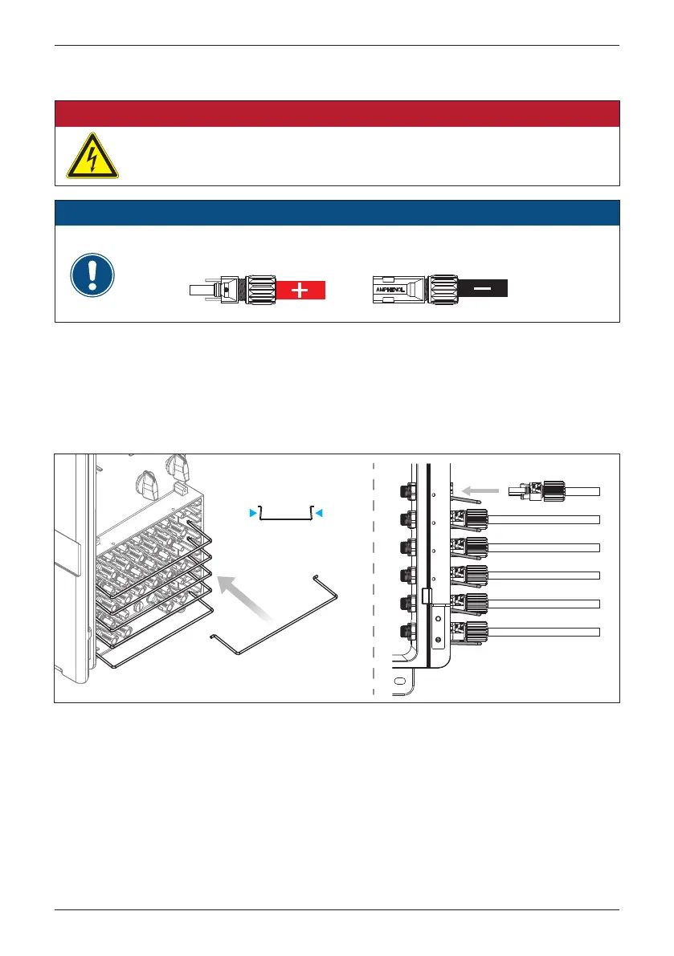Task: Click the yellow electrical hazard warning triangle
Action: point(92,156)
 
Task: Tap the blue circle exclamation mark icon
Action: point(92,276)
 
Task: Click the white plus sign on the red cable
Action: point(300,291)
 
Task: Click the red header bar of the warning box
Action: point(337,114)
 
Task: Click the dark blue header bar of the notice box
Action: point(337,214)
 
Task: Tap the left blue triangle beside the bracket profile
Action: point(252,511)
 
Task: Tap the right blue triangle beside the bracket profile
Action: point(319,511)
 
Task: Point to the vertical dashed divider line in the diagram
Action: point(374,578)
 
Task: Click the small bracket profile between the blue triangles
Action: point(285,515)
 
